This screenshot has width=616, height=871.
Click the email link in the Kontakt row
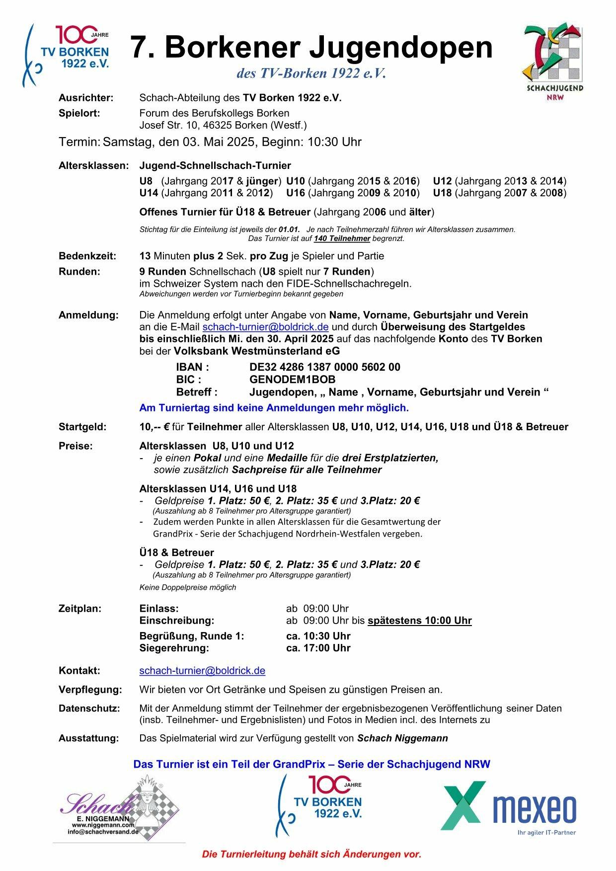[202, 671]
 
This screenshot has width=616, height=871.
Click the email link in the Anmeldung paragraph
[265, 327]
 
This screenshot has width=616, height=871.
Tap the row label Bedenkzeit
[87, 256]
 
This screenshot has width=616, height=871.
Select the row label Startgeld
[82, 427]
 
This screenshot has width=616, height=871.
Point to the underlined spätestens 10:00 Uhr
[419, 621]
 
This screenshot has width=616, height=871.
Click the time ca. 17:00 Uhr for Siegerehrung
[318, 648]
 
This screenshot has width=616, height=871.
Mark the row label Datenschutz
[89, 709]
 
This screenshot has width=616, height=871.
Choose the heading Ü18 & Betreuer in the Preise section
[176, 553]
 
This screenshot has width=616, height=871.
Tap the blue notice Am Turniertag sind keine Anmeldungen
[274, 408]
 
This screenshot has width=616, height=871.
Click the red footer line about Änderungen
[311, 855]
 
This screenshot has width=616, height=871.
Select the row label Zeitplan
[80, 609]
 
